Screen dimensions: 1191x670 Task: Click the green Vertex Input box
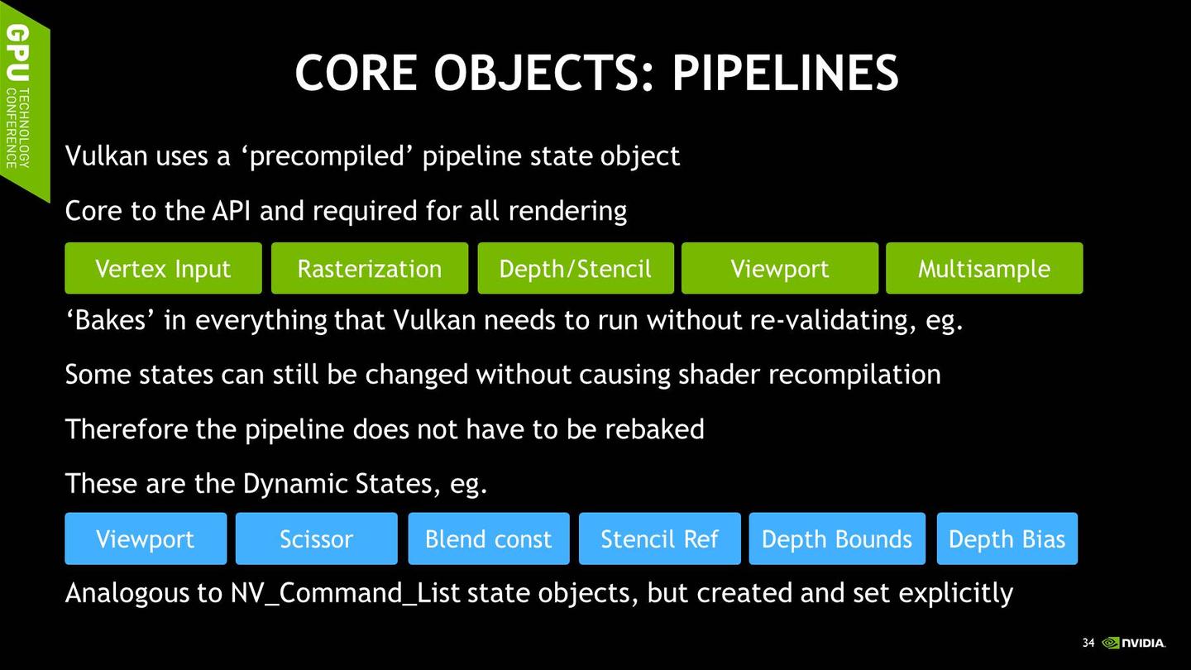pyautogui.click(x=163, y=268)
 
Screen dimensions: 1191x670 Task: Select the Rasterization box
pyautogui.click(x=370, y=268)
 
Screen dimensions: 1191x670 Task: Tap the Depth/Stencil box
pyautogui.click(x=576, y=268)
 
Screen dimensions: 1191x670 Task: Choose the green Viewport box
pyautogui.click(x=780, y=268)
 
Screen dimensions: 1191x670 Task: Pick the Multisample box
pyautogui.click(x=984, y=268)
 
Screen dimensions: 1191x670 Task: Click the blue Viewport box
pyautogui.click(x=146, y=538)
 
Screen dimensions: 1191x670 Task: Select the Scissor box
pyautogui.click(x=316, y=538)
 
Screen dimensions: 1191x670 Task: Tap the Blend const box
pyautogui.click(x=489, y=538)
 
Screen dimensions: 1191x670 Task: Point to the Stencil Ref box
pyautogui.click(x=660, y=538)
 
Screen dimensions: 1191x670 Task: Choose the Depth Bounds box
pyautogui.click(x=837, y=538)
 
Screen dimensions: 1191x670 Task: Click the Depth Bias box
pyautogui.click(x=1007, y=538)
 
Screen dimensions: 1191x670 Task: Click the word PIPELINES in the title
pyautogui.click(x=786, y=73)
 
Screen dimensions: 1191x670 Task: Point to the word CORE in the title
pyautogui.click(x=356, y=73)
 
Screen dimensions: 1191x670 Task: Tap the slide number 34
pyautogui.click(x=1088, y=643)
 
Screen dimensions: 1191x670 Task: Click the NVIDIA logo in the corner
pyautogui.click(x=1134, y=643)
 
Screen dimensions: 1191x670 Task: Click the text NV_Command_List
pyautogui.click(x=345, y=593)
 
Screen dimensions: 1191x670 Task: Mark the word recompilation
pyautogui.click(x=854, y=376)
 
